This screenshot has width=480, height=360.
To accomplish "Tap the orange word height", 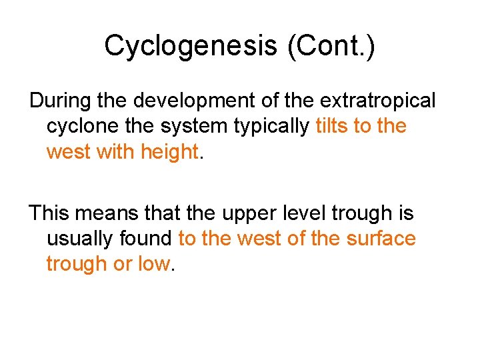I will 169,152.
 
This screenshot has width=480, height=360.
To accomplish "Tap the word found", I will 150,239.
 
